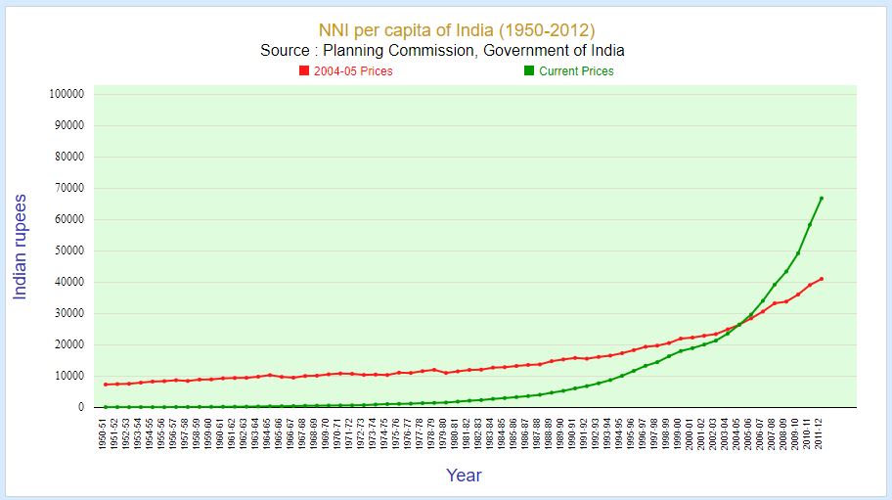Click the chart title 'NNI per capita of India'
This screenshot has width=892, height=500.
coord(457,30)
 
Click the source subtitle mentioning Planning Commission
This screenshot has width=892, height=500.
coord(442,51)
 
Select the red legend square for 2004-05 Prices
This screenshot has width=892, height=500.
coord(304,70)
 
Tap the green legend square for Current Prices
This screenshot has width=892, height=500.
coord(529,70)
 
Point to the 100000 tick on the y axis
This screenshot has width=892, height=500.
coord(66,94)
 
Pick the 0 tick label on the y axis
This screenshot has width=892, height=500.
coord(79,407)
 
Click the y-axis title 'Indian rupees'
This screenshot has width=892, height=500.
coord(20,247)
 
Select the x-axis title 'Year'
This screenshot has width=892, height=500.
coord(464,476)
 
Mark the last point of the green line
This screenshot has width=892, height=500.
coord(821,199)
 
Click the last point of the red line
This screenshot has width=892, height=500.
coord(821,279)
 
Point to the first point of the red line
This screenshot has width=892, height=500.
coord(105,385)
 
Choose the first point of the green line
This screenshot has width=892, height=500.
coord(105,407)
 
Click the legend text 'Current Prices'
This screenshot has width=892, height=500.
coord(576,71)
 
